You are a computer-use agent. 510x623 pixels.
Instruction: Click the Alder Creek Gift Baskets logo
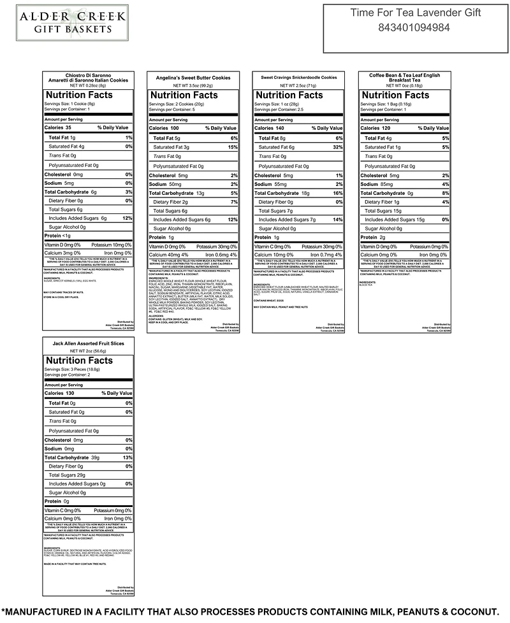click(71, 21)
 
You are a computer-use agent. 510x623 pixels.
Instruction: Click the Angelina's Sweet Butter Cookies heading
click(193, 77)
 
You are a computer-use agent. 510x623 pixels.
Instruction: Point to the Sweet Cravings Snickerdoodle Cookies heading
click(298, 77)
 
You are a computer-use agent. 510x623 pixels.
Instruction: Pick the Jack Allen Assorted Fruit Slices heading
click(88, 343)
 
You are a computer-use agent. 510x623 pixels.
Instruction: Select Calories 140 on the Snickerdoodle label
click(270, 128)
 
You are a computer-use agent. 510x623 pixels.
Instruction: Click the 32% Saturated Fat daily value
click(337, 147)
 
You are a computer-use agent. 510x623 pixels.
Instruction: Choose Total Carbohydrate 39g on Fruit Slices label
click(70, 457)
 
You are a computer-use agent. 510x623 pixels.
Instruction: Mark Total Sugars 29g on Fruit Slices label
click(67, 475)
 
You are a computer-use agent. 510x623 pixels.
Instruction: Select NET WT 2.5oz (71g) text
click(298, 85)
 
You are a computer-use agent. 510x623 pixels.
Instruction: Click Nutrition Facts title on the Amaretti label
click(78, 95)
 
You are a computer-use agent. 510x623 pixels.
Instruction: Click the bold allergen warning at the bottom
click(255, 611)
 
